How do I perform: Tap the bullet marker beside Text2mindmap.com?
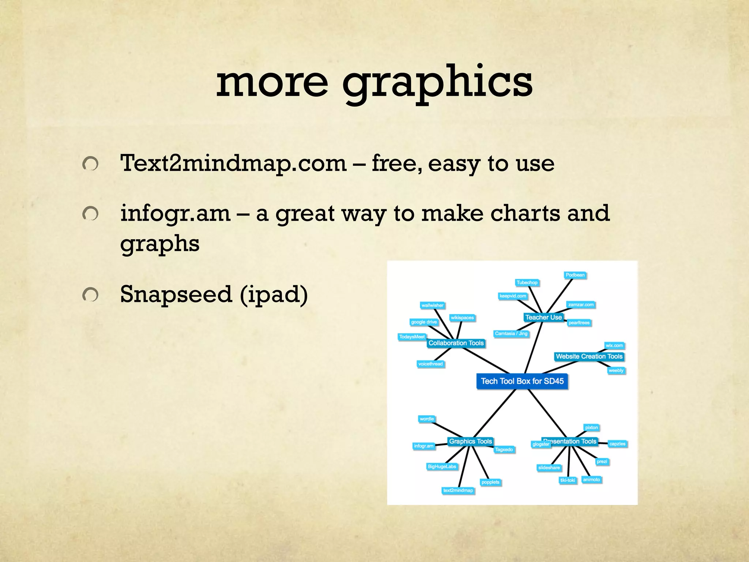click(90, 164)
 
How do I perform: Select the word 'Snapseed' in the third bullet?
click(176, 294)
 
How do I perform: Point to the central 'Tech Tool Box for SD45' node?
click(522, 381)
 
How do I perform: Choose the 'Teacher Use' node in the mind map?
click(543, 317)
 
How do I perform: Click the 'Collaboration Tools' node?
click(456, 343)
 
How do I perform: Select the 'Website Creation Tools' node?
click(589, 356)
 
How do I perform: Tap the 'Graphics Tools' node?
click(470, 441)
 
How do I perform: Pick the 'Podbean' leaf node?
click(575, 275)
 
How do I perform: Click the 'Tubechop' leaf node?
click(527, 282)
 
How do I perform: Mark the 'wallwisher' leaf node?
click(432, 305)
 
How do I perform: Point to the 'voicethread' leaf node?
click(430, 364)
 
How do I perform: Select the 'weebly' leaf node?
click(616, 370)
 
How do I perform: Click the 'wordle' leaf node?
click(427, 419)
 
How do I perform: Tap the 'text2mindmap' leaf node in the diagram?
click(458, 490)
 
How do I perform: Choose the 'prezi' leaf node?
click(602, 461)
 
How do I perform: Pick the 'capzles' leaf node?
click(617, 444)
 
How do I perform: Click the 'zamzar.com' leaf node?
click(581, 304)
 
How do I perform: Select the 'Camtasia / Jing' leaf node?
click(511, 333)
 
